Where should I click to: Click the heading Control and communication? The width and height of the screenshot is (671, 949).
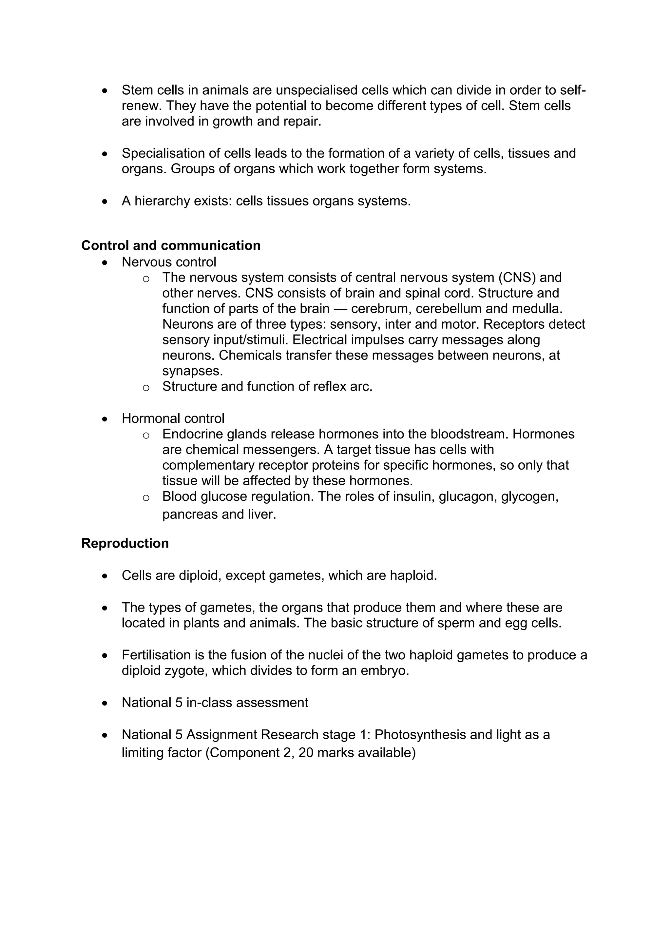[171, 245]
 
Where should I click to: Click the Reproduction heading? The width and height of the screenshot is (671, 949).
[125, 543]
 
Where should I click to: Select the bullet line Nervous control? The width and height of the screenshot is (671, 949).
[169, 262]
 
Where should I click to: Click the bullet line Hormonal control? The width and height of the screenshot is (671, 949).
[173, 418]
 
